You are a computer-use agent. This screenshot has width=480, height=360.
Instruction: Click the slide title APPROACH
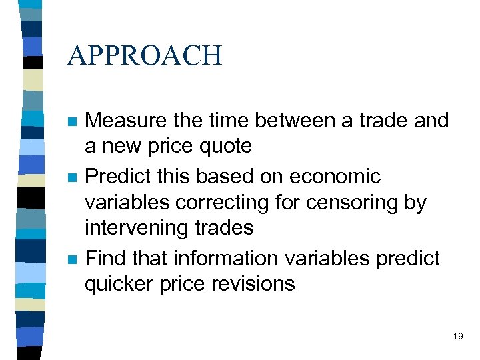[145, 55]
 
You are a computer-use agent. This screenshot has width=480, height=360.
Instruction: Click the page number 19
[457, 336]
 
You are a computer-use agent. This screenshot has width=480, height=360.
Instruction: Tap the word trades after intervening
[225, 228]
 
